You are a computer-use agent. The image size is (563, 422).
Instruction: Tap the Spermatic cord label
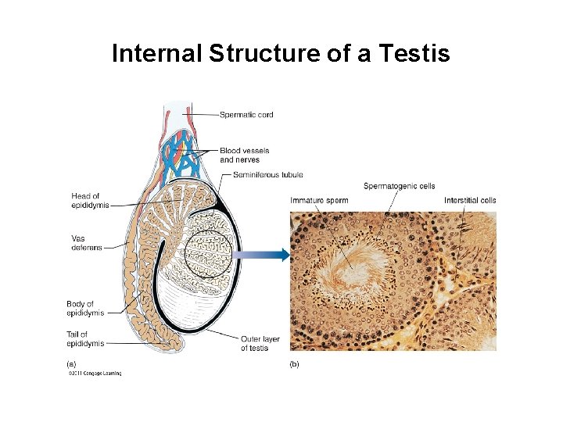246,115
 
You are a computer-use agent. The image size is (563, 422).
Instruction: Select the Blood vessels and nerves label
244,155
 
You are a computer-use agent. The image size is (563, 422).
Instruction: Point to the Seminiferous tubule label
267,175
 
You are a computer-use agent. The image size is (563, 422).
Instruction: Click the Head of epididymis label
85,200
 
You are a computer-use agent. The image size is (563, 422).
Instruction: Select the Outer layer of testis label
260,343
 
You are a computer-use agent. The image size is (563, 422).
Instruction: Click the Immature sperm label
319,201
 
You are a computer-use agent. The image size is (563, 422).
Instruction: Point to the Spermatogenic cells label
399,186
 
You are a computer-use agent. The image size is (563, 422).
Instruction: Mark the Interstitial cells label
469,201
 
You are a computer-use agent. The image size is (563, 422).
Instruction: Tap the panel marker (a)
70,363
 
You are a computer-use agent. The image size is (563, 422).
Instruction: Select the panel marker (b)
294,363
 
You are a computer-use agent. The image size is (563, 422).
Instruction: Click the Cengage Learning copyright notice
93,374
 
